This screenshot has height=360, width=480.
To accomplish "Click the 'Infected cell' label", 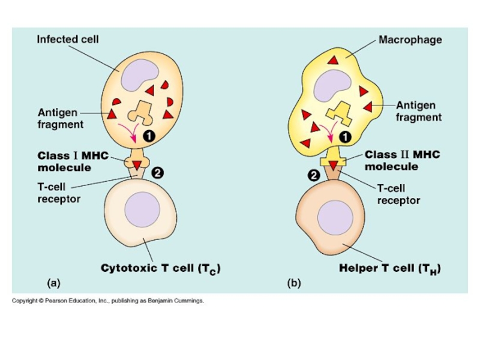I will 68,40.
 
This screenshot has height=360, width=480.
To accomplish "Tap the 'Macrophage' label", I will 410,40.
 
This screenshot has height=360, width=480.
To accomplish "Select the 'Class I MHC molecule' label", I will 73,161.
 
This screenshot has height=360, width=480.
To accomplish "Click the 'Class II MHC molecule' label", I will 402,160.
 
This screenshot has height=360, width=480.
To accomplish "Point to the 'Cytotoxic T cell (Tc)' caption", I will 160,269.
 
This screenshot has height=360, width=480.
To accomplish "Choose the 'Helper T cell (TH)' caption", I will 390,269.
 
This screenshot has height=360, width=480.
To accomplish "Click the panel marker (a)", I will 53,282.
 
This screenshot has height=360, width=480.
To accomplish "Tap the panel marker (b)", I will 294,282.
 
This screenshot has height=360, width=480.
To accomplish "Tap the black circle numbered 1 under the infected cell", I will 149,137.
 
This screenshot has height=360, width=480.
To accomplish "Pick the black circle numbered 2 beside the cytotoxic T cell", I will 157,173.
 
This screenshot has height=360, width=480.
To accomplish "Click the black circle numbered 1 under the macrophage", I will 345,137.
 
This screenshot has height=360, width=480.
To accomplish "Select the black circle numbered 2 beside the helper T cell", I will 313,176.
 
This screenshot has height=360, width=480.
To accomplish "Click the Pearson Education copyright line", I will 108,301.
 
